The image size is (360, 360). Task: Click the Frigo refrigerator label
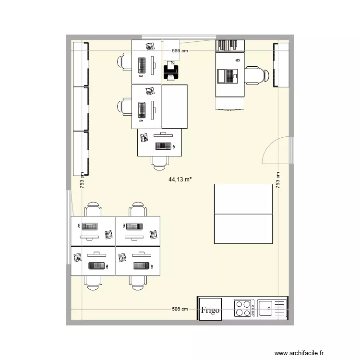pos(210,310)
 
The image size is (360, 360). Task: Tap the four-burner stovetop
pos(244,308)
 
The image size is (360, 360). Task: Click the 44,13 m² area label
pos(180,180)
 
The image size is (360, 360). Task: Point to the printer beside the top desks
pos(171,72)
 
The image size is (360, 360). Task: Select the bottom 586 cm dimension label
pos(180,309)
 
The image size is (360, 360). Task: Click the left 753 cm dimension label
pos(83,180)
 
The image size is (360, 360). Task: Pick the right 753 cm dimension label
pos(277,180)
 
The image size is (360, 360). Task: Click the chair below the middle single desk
pos(160,162)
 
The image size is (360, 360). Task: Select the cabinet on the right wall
pos(281,65)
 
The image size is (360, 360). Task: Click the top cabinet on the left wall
pos(81,64)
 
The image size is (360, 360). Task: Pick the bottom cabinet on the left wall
pos(81,153)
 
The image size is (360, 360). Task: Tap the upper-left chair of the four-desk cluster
pos(93,210)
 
